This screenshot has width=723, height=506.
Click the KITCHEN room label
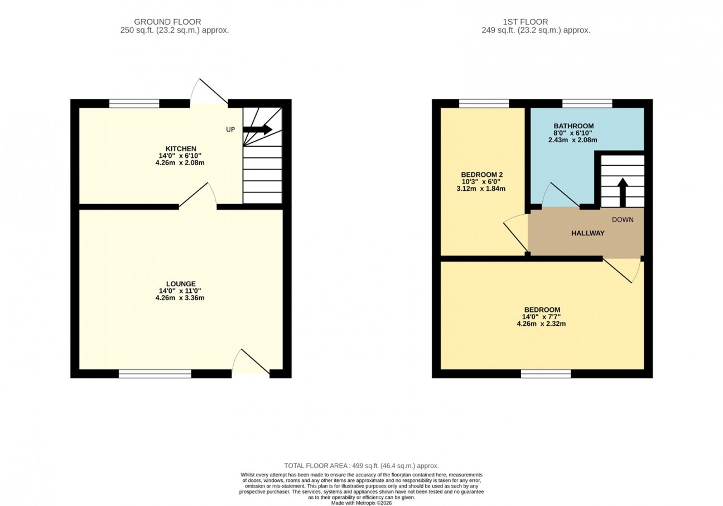coord(181,149)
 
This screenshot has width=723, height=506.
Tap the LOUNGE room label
coord(181,284)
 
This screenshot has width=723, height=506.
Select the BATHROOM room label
coord(573,126)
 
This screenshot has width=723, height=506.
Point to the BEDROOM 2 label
coord(482,175)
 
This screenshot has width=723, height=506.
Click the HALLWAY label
coord(588,233)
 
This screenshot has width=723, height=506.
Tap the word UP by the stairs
coord(230,130)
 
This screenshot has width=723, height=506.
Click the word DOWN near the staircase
coord(623,220)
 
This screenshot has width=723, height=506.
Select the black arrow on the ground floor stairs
coord(258,129)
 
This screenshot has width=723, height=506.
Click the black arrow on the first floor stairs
coord(623,192)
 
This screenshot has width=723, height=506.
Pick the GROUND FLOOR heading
coord(167,22)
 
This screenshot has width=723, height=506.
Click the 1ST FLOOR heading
coord(525,22)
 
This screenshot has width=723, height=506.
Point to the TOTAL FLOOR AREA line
coord(361,466)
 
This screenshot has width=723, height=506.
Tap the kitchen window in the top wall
coord(134,104)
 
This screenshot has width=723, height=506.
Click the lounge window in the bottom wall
coord(155,374)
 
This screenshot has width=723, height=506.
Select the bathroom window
coord(587,104)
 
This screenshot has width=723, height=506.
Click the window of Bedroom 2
coord(484,104)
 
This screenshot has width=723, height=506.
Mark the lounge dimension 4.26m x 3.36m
coord(180,298)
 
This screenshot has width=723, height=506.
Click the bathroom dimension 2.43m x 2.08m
coord(572,140)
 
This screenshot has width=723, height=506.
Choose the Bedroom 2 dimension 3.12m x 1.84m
coord(481,189)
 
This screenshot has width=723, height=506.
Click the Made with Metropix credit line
coord(361,503)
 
